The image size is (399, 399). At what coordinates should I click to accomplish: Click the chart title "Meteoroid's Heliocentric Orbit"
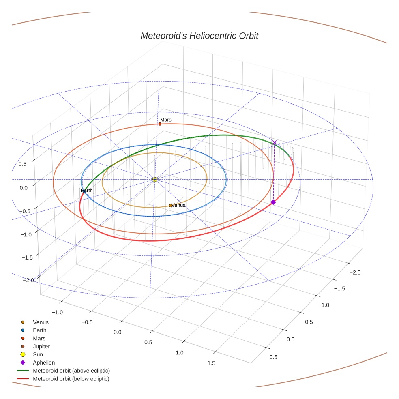click(199, 36)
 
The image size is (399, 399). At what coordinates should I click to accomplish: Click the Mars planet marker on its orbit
click(160, 124)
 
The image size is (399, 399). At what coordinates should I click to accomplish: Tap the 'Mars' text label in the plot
click(166, 120)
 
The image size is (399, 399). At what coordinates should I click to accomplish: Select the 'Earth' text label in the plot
click(87, 191)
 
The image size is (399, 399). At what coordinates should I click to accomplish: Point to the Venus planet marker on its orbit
click(171, 206)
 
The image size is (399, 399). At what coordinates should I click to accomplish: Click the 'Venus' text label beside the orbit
click(179, 205)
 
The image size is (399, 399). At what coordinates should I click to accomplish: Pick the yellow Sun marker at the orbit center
click(155, 179)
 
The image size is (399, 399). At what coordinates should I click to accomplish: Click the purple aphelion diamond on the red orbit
click(273, 202)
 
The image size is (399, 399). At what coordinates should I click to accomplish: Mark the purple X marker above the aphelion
click(275, 143)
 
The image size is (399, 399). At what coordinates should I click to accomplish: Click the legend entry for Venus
click(41, 322)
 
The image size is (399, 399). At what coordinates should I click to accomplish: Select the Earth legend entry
click(39, 330)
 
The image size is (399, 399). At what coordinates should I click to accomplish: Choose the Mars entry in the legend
click(39, 338)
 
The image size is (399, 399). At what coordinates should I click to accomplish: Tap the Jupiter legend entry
click(41, 346)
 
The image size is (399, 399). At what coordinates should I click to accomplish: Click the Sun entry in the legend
click(38, 354)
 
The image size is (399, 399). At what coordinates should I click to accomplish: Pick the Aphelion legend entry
click(44, 363)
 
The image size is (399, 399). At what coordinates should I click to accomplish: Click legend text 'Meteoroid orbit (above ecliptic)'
click(71, 371)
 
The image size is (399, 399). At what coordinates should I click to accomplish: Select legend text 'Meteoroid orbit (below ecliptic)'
click(71, 379)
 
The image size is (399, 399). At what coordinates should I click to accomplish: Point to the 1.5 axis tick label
click(211, 363)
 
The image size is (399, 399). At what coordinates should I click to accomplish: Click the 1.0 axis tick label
click(179, 352)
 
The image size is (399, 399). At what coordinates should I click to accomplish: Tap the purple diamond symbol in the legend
click(23, 363)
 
